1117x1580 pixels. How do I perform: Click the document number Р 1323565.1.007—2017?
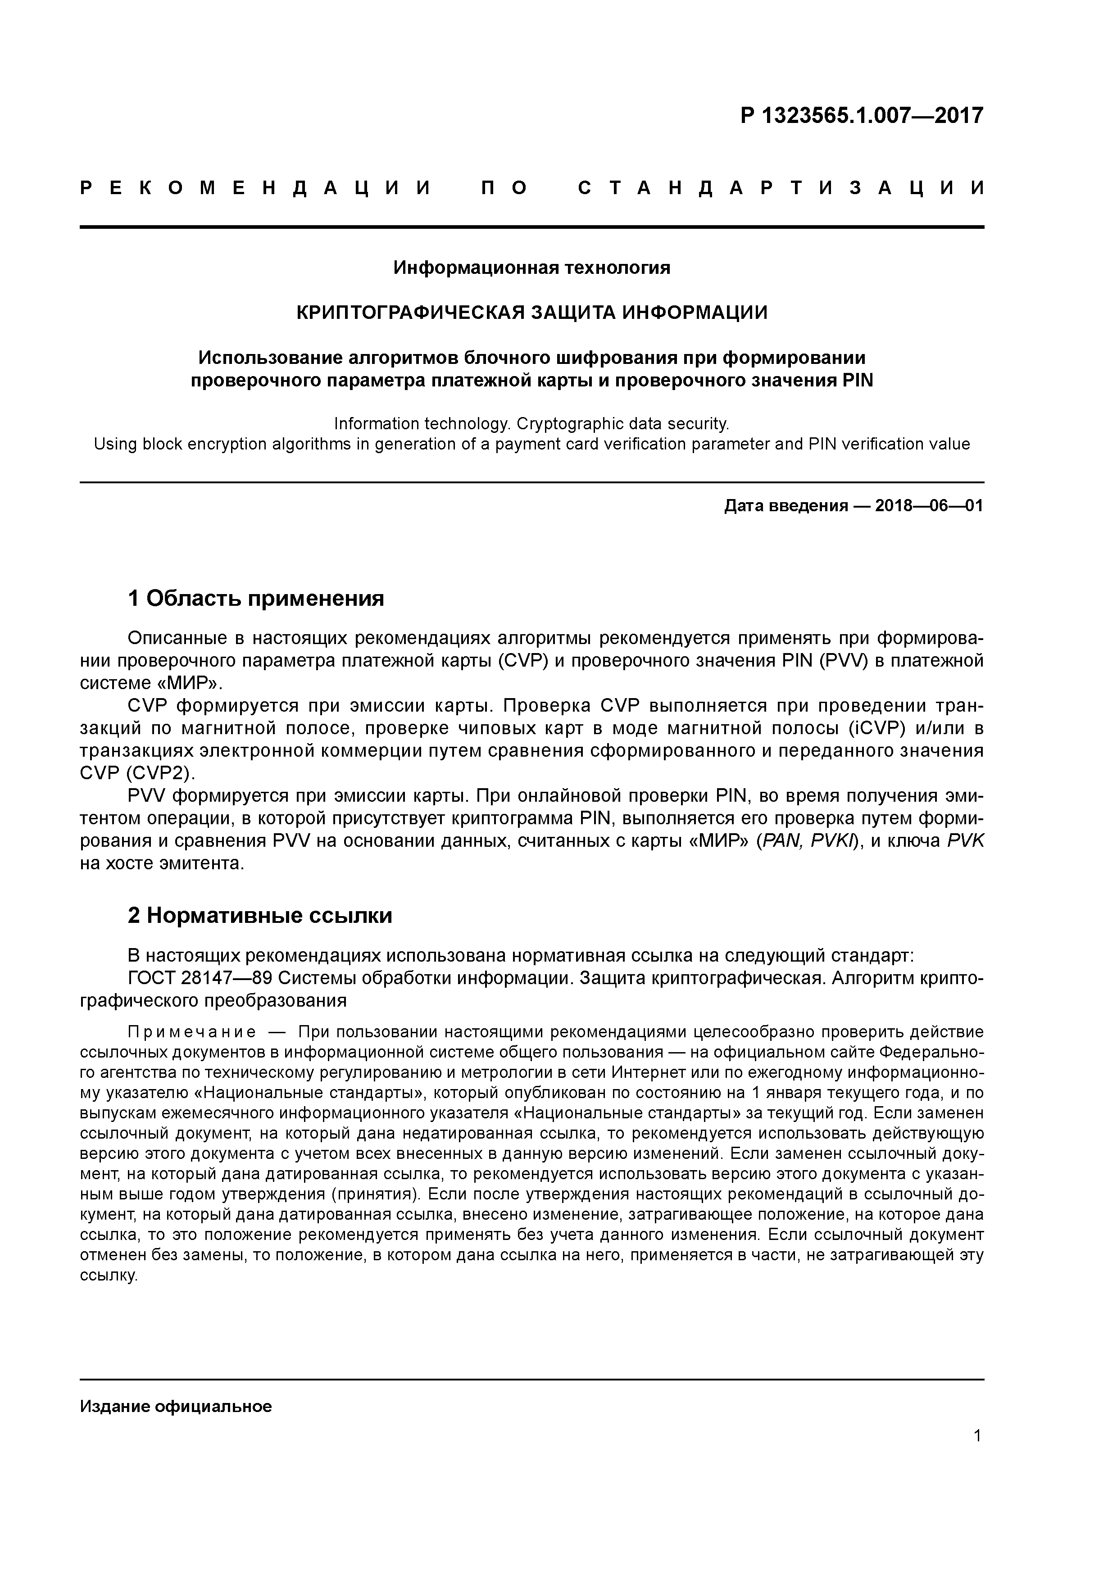coord(862,116)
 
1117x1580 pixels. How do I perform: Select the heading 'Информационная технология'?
coord(531,268)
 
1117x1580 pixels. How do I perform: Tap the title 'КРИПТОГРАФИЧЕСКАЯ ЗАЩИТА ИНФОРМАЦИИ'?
coord(531,313)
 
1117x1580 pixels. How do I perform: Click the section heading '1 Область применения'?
coord(256,598)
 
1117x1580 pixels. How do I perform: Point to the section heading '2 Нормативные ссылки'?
coord(260,915)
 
